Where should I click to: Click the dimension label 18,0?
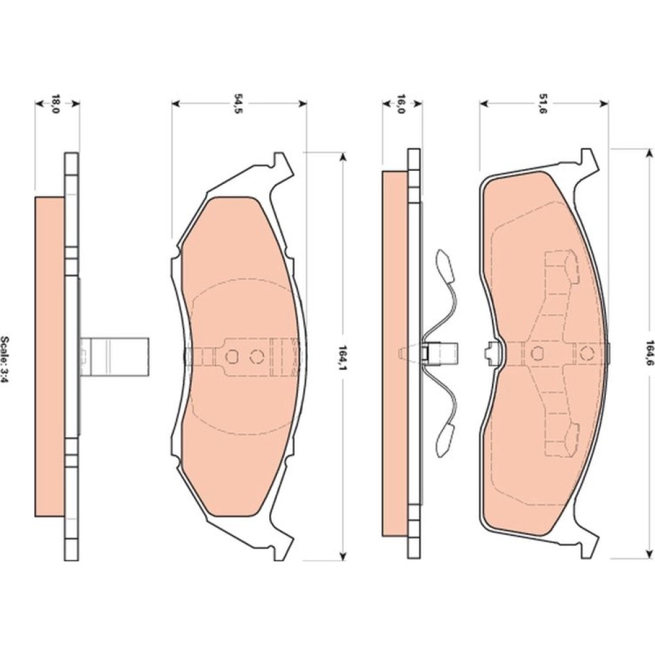click(56, 104)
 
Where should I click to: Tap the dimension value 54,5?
click(238, 104)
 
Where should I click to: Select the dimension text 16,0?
click(400, 104)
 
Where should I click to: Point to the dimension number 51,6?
click(542, 104)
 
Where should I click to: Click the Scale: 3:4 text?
click(5, 360)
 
